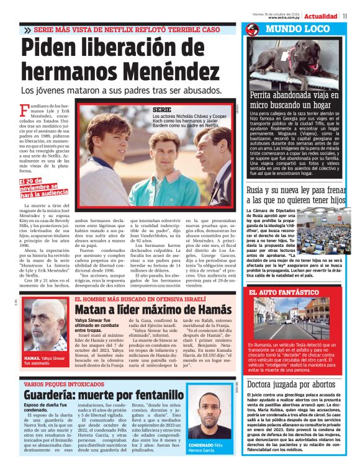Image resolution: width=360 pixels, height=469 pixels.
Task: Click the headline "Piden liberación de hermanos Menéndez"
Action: point(118,61)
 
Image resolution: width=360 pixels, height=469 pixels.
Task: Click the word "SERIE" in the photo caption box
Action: point(162,110)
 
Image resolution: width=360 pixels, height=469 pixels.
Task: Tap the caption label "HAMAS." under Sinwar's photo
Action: point(32,359)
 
